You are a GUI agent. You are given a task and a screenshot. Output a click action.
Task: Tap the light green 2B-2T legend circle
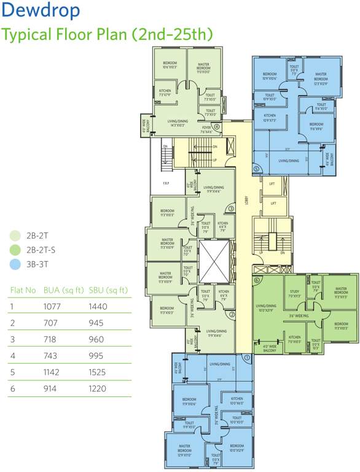[x=15, y=235]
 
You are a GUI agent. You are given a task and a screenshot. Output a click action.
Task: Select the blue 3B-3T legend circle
[x=15, y=264]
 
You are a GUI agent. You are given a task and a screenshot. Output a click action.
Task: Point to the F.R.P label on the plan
[x=166, y=183]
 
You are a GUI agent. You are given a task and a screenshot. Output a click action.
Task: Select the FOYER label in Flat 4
[x=206, y=128]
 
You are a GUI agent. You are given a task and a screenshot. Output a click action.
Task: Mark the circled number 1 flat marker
[x=247, y=356]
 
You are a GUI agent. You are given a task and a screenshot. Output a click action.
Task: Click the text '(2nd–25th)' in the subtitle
[x=171, y=34]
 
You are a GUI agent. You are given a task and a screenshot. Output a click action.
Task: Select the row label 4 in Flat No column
[x=12, y=355]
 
